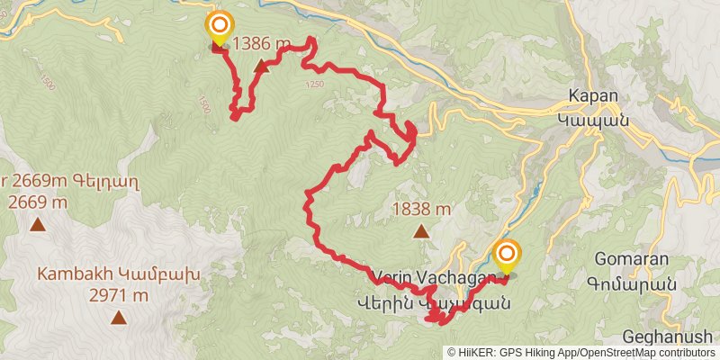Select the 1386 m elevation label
point(262,43)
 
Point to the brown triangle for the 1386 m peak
point(261,66)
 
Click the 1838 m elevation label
point(421,210)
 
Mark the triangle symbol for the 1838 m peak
point(420,231)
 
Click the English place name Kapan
point(592,97)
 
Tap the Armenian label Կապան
point(591,118)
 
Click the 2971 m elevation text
point(119,294)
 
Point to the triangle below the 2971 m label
point(119,316)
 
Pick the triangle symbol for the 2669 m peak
point(37,225)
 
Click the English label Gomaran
point(631,259)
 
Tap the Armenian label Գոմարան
point(631,281)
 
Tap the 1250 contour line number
point(314,85)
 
